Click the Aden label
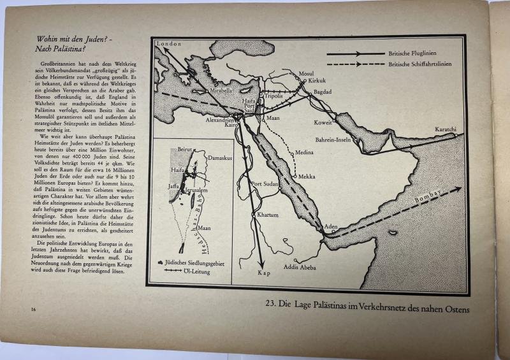coord(331,227)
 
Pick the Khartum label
coord(267,215)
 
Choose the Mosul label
coord(307,73)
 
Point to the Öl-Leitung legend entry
coord(196,271)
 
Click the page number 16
coord(33,309)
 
